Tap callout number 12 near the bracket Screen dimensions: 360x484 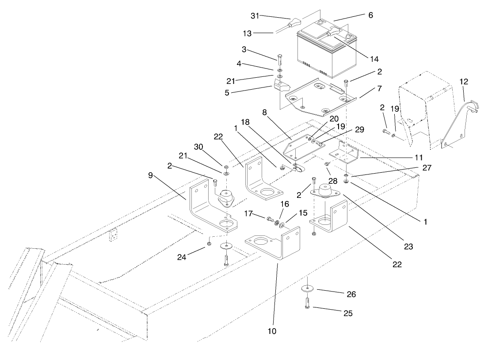tap(464, 82)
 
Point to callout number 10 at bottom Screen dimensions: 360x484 tap(272, 331)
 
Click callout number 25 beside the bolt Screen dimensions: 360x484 tap(348, 313)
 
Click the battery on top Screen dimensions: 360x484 tap(325, 53)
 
